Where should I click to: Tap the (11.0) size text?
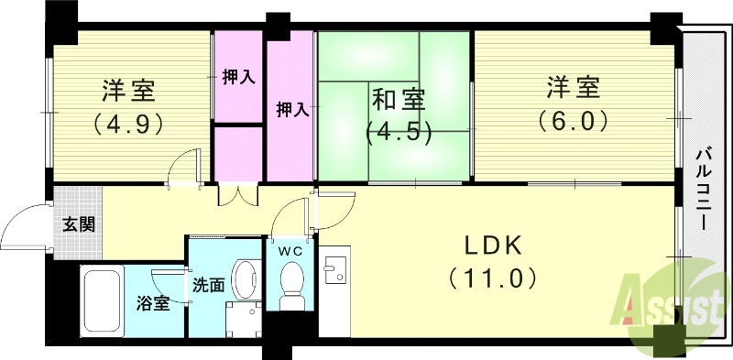(491, 278)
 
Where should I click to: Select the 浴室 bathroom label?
(153, 303)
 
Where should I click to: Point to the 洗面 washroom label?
(207, 285)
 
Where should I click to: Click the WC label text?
(291, 249)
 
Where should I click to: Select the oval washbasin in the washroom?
(246, 275)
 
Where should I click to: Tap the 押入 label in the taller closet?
(292, 109)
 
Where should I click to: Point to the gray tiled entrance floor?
(78, 206)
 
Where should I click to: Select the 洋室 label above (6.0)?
(573, 89)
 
